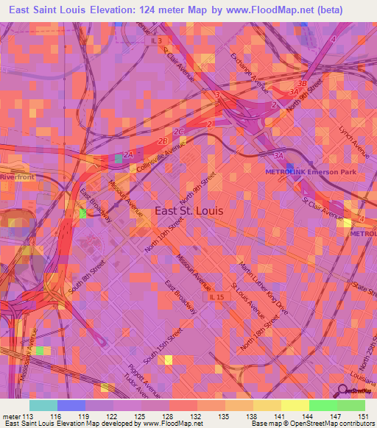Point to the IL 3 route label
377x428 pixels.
pos(157,41)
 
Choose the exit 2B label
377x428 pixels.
pos(163,140)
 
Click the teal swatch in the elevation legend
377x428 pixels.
pos(43,405)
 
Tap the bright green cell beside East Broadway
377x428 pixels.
pos(82,213)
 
